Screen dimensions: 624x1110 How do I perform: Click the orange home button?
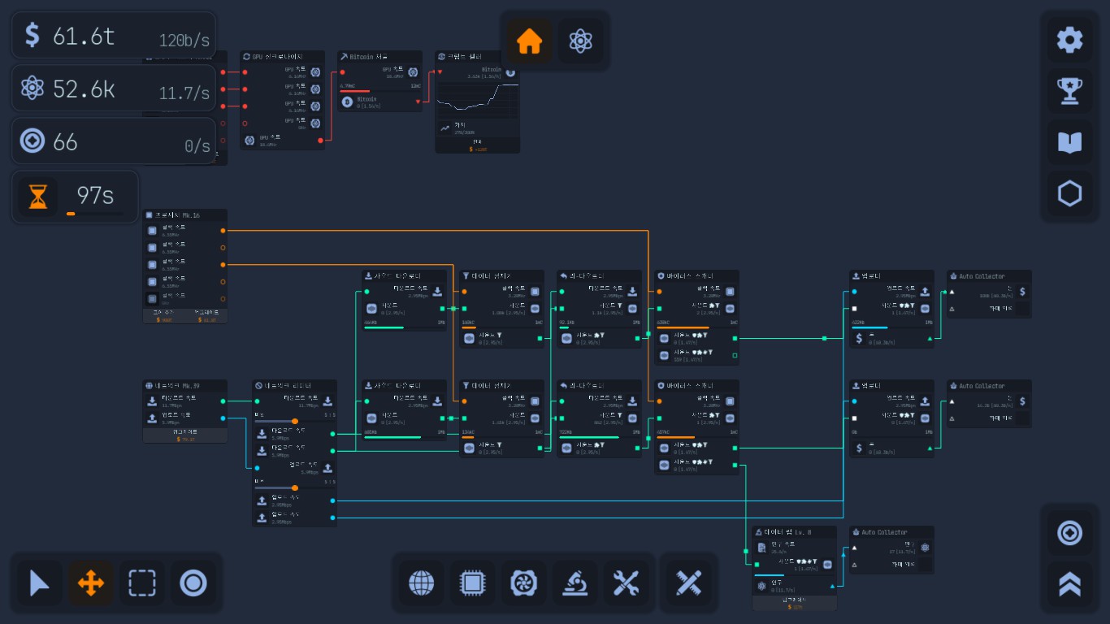(x=530, y=41)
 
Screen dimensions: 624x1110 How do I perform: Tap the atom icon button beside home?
(x=580, y=41)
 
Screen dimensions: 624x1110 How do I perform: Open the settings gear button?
(x=1069, y=40)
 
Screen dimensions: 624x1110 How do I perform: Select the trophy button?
(x=1069, y=91)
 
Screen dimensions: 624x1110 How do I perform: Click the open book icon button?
(x=1069, y=143)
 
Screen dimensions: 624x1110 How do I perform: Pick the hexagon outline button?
(x=1069, y=194)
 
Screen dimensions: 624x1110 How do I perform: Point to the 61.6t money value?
(x=84, y=36)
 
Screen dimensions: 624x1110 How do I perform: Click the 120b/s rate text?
(x=184, y=41)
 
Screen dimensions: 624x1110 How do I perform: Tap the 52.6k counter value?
(x=84, y=89)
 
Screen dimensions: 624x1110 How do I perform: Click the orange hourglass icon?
(x=38, y=197)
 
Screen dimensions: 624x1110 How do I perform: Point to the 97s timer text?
(x=94, y=195)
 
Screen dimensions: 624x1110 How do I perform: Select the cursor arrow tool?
(x=39, y=583)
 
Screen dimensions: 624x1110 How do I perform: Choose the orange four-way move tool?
(x=90, y=583)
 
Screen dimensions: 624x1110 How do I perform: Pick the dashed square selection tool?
(x=142, y=583)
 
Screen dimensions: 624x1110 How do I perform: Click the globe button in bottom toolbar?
(x=421, y=583)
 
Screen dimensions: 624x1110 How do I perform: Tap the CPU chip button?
(x=472, y=583)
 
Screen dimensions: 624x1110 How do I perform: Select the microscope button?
(x=575, y=583)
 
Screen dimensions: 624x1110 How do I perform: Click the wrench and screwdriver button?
(x=627, y=583)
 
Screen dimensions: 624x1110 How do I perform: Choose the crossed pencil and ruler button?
(x=688, y=583)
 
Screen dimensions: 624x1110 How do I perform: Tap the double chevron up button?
(x=1069, y=583)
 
